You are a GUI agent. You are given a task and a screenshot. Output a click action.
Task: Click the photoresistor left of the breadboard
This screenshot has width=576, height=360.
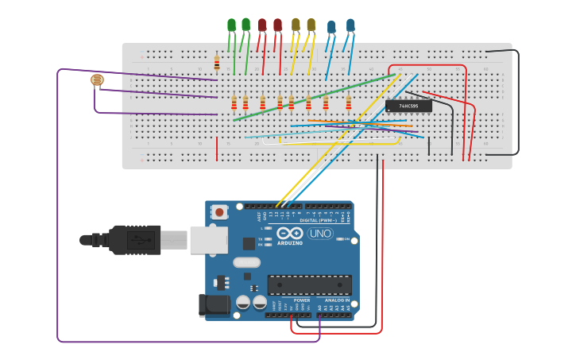pos(97,79)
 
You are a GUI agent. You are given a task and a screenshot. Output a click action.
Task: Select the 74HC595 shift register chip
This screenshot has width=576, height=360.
pos(408,105)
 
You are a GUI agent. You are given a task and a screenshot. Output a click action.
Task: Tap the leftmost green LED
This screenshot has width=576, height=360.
pos(231,25)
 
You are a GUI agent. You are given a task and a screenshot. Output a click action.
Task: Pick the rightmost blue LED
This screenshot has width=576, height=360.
pos(350,25)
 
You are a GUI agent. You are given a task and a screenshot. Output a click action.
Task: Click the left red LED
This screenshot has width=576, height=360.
pos(262,25)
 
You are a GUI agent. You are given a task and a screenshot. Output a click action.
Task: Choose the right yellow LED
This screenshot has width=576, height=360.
pos(311,25)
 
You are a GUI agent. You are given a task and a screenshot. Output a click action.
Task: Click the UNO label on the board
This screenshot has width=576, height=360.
pos(319,234)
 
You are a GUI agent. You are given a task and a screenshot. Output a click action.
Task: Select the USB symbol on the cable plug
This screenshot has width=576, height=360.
pos(141,239)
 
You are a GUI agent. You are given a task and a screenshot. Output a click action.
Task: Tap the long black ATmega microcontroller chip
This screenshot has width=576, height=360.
pos(309,285)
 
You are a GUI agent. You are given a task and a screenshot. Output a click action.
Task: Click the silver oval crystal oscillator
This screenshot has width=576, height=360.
pos(246,262)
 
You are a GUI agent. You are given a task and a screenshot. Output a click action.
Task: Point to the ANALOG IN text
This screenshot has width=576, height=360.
pos(337,300)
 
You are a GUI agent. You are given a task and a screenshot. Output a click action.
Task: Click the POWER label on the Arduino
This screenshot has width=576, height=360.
pos(291,300)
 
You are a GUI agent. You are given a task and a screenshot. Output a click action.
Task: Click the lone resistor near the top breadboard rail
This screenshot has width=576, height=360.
pos(217,63)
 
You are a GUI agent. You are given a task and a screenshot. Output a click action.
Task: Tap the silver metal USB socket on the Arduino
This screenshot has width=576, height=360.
pos(208,239)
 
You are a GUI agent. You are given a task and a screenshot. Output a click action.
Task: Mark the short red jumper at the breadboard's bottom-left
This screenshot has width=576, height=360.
pos(217,148)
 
